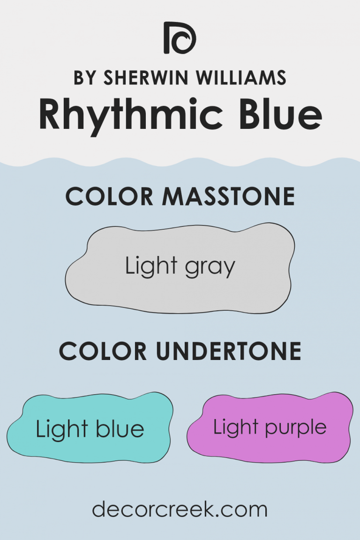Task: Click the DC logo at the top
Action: click(x=180, y=37)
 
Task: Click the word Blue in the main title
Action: click(x=271, y=114)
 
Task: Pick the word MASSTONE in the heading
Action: click(x=228, y=196)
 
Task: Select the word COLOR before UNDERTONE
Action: click(x=105, y=351)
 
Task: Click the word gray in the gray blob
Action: click(x=211, y=268)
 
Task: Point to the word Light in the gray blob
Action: click(x=150, y=266)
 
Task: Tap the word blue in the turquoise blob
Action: click(x=120, y=429)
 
